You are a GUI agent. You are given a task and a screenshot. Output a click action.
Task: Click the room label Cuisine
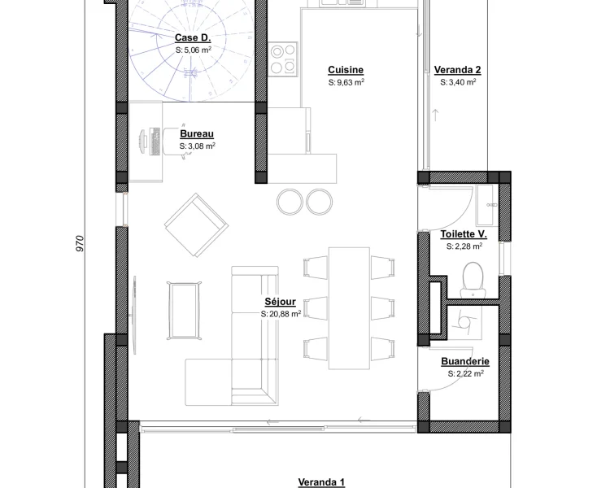click(x=346, y=70)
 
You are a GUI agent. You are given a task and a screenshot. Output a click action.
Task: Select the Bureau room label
click(x=197, y=134)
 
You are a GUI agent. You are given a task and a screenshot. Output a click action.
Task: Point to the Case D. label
click(x=193, y=37)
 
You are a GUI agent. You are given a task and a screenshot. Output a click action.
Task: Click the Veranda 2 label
click(x=457, y=70)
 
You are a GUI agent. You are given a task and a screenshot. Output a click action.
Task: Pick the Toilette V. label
click(x=464, y=234)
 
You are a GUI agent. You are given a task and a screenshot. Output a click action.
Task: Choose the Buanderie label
click(x=465, y=361)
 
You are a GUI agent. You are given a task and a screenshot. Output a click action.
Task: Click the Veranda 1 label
click(x=321, y=482)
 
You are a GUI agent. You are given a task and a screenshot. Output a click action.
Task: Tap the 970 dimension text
click(x=80, y=244)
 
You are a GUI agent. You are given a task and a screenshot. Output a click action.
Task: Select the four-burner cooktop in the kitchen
click(x=283, y=59)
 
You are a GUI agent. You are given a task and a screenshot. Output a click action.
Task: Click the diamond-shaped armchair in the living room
click(x=197, y=225)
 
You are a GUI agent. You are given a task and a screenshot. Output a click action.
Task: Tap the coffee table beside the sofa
click(x=185, y=310)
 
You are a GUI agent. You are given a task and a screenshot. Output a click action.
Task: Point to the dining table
click(x=349, y=307)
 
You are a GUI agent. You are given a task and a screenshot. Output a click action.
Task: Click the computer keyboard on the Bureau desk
click(x=155, y=142)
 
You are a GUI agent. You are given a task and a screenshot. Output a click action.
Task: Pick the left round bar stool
click(x=290, y=202)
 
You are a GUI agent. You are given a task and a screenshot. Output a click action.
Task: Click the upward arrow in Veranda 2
click(x=436, y=115)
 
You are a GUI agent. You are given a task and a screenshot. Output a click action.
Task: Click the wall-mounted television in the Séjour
click(x=134, y=316)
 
